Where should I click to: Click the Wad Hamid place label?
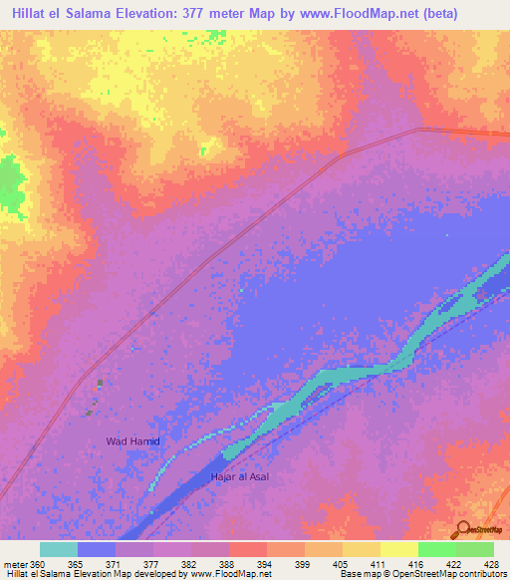point(133,440)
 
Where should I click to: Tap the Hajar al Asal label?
point(239,476)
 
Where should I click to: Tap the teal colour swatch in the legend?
point(59,549)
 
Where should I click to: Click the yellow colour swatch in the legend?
point(399,549)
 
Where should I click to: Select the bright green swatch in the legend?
point(437,549)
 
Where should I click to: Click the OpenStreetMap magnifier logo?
point(462,528)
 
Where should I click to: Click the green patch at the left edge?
point(11,184)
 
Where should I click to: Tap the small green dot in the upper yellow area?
point(202,150)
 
